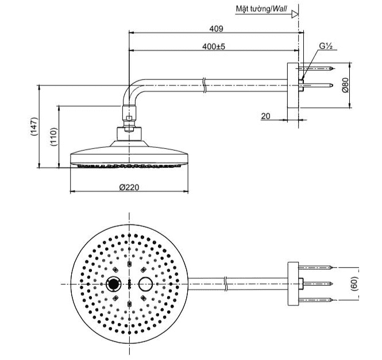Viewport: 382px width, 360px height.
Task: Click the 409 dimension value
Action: (x=216, y=28)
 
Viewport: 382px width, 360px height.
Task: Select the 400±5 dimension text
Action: (x=214, y=46)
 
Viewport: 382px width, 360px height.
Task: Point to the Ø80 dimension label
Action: (x=345, y=85)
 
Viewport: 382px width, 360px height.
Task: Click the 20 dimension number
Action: (x=265, y=116)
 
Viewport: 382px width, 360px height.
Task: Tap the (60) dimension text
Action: (x=354, y=283)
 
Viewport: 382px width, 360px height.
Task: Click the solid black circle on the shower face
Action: (x=113, y=284)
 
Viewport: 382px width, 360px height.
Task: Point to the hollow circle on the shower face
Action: (x=146, y=284)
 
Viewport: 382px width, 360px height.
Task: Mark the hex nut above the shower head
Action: (x=130, y=121)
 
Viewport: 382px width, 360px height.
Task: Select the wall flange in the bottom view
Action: (x=293, y=283)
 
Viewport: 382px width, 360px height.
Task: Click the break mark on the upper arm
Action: (x=204, y=85)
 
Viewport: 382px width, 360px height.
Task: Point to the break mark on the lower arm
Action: (x=228, y=283)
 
